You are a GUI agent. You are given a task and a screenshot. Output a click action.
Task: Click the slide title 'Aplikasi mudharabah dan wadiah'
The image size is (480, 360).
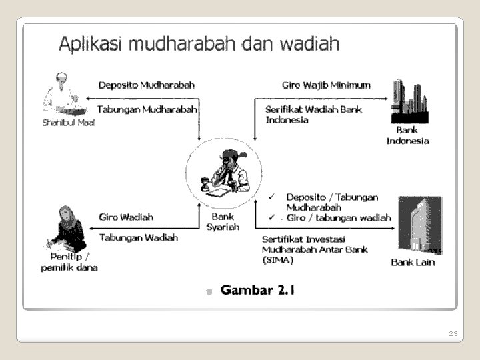coord(199,45)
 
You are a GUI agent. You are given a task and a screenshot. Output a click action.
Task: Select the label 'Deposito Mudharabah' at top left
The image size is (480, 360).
coord(147,85)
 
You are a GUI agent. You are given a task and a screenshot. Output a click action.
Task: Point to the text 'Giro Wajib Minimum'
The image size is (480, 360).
coord(326,85)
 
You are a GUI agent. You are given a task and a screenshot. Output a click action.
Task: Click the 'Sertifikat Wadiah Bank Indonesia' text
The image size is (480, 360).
coord(313,115)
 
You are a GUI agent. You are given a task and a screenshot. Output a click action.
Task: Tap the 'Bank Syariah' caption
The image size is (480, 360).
coord(223,221)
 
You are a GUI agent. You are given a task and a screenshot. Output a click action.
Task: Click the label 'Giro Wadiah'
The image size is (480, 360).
coord(126,217)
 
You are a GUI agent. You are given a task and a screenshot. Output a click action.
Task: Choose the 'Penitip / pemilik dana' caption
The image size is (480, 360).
coord(69,262)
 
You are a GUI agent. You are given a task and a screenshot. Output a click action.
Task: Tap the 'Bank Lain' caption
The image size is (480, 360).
coord(413,262)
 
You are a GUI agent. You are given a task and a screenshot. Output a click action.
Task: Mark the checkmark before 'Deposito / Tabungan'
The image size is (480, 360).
coord(271,197)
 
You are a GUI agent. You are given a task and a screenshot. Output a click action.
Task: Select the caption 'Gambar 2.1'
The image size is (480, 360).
coord(257,290)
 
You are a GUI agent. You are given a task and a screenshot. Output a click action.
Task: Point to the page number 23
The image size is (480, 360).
coord(453,333)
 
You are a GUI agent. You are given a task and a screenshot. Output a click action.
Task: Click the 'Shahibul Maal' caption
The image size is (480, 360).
coord(69,123)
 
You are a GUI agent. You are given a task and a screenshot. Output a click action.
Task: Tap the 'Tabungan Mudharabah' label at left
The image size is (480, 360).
coord(147,109)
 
